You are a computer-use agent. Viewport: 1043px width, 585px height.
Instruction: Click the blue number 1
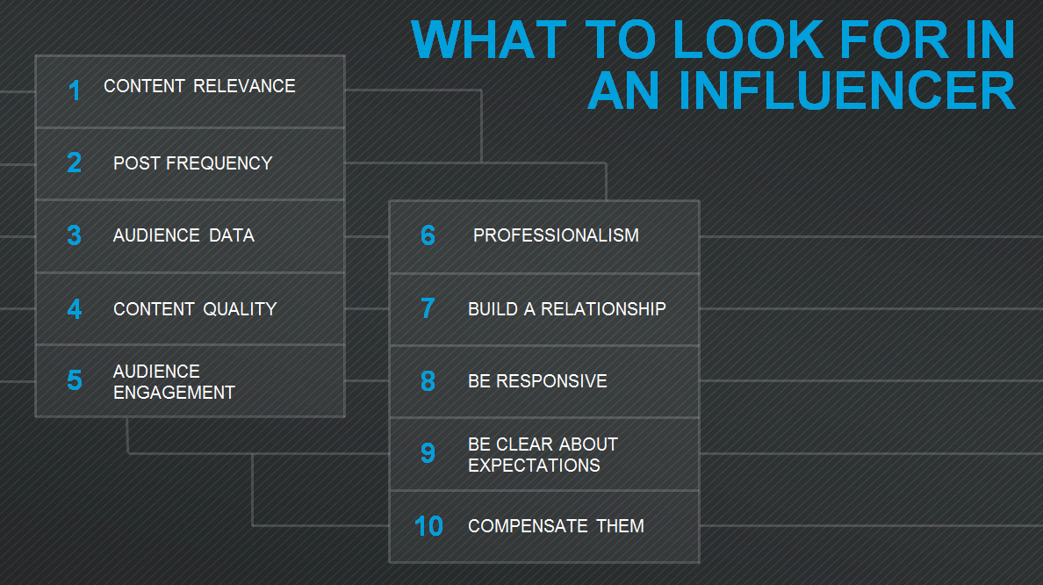75,90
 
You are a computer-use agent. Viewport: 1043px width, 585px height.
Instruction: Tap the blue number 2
75,162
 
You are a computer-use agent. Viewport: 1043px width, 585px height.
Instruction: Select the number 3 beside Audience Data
75,235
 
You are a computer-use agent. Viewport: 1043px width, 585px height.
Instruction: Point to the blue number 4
75,309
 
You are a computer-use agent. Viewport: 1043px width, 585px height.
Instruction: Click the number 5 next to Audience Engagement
75,380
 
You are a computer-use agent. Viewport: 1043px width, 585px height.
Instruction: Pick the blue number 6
428,235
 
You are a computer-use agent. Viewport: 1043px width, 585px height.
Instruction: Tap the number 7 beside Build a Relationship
428,309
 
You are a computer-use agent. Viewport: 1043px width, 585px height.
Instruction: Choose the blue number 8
428,381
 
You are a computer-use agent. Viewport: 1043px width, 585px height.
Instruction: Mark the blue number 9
428,453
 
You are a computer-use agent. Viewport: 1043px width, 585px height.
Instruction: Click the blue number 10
428,526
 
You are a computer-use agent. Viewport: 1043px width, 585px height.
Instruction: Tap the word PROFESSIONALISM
556,235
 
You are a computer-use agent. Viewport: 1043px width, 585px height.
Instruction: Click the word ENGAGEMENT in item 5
174,393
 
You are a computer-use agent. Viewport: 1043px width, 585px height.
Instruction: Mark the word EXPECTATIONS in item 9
534,466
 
